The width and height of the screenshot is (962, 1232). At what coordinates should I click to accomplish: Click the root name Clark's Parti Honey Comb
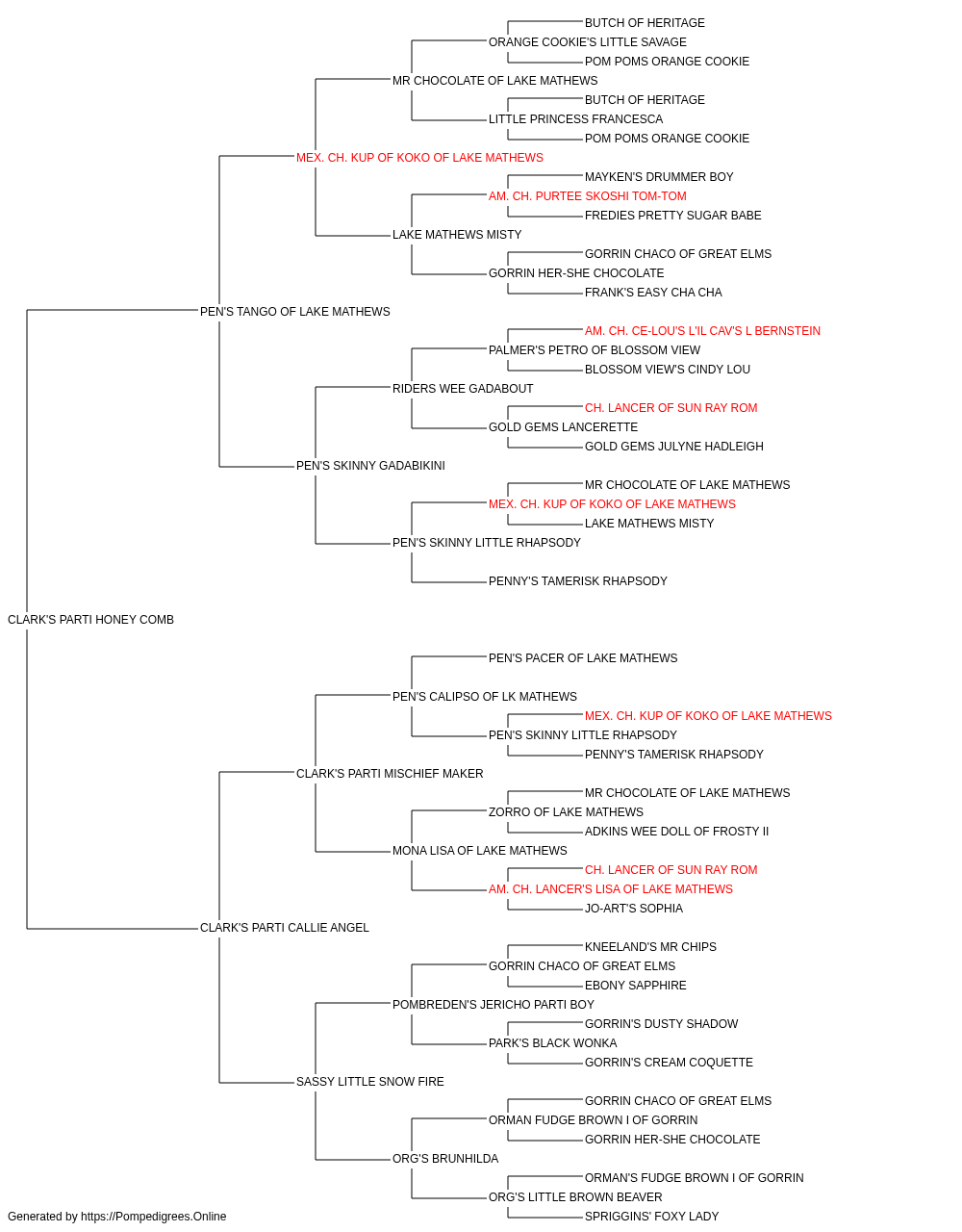click(x=90, y=620)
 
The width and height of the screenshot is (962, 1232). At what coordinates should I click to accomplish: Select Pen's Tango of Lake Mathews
click(x=294, y=311)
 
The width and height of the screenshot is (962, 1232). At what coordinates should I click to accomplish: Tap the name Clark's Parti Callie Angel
click(x=285, y=928)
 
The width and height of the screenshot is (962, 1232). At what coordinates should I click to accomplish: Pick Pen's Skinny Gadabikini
click(x=370, y=466)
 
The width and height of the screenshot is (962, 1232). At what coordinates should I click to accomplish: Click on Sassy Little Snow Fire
click(x=370, y=1082)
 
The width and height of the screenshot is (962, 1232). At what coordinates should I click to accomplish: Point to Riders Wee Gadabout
click(x=463, y=388)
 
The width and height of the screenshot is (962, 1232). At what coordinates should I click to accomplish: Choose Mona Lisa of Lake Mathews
click(x=480, y=851)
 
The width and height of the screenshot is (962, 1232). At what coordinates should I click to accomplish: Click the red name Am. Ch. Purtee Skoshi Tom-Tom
click(x=588, y=196)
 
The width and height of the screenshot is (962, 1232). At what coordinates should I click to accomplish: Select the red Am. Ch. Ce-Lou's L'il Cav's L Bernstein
click(x=702, y=330)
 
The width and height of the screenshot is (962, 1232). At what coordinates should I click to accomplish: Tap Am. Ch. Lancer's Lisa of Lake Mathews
click(x=611, y=889)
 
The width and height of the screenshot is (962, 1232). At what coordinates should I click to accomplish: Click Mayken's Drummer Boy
click(x=659, y=177)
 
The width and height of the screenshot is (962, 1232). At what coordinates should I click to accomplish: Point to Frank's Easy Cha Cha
click(x=653, y=292)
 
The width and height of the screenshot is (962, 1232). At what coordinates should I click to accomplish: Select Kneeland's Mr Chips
click(x=650, y=947)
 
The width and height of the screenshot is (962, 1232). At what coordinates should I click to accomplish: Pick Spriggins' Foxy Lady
click(x=651, y=1217)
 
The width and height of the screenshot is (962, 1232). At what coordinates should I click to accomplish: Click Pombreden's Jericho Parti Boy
click(x=493, y=1005)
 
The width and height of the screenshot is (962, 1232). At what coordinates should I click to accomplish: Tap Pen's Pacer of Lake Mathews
click(x=583, y=658)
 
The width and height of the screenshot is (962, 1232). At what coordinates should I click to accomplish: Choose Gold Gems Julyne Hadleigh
click(x=674, y=447)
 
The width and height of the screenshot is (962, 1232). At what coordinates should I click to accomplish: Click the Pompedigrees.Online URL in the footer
click(x=154, y=1217)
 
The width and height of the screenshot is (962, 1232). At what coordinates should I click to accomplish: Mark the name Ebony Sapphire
click(x=636, y=986)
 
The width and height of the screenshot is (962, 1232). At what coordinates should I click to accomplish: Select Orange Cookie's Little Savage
click(x=588, y=42)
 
